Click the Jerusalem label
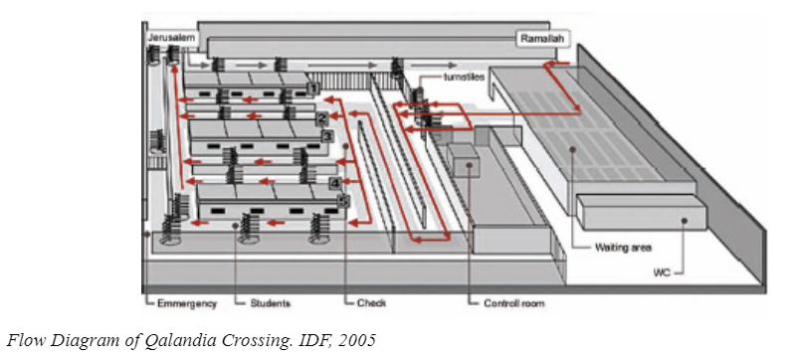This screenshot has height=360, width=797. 171,38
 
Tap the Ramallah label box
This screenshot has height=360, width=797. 543,39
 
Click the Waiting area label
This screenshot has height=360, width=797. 623,248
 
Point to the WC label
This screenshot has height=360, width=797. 663,273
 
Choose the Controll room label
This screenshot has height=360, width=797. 513,303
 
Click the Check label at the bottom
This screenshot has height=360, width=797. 371,303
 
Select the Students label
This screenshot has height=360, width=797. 270,303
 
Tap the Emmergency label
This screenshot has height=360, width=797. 187,303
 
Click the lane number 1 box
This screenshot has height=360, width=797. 313,90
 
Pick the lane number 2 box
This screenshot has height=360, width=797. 321,118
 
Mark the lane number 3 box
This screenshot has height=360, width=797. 327,136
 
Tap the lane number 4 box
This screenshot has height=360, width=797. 335,183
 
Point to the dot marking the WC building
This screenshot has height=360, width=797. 685,221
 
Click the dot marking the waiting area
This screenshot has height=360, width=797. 573,149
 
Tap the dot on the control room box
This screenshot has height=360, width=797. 469,164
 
